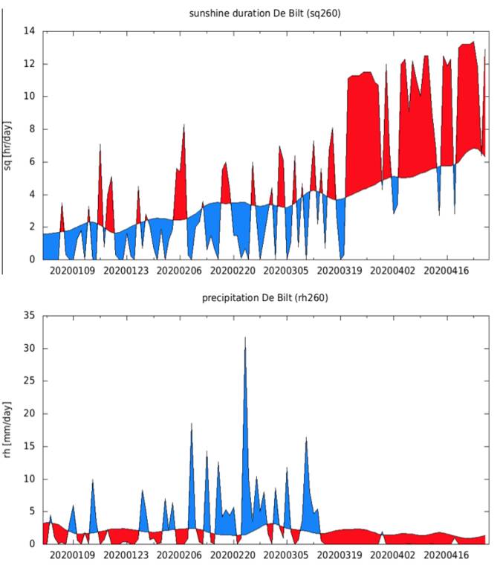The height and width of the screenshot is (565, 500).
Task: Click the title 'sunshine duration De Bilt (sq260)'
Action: pos(265,13)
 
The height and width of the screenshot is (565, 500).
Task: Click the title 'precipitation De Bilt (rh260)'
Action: pos(265,297)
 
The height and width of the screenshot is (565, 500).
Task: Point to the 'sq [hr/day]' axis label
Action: pos(8,146)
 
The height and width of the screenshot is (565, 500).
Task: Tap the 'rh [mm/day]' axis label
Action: pos(8,430)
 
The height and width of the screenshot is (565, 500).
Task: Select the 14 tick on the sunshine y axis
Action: pos(30,31)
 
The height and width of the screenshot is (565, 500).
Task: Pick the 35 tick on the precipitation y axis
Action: pos(30,316)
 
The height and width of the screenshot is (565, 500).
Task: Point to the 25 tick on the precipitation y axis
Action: pos(30,381)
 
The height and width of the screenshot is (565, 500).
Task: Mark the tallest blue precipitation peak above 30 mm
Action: pos(245,339)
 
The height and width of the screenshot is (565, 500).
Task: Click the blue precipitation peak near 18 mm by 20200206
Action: pos(192,425)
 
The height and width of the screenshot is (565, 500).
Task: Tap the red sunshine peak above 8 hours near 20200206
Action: pos(184,126)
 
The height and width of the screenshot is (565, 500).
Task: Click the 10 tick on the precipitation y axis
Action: pos(30,479)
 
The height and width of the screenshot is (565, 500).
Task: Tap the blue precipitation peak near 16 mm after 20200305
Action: pos(306,440)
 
